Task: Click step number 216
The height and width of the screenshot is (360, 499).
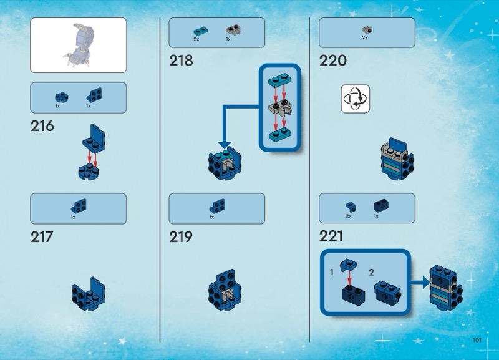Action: tap(42, 126)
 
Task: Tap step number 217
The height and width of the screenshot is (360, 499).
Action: tap(42, 237)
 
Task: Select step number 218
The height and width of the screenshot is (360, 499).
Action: tap(181, 61)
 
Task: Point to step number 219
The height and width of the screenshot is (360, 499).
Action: tap(181, 237)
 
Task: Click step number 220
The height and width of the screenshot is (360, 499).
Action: tap(333, 61)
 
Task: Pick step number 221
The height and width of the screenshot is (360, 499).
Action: tap(331, 237)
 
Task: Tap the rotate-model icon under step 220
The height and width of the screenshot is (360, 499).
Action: tap(355, 99)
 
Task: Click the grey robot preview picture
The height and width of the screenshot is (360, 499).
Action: tap(79, 45)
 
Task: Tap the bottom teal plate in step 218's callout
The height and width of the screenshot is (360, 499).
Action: tap(279, 135)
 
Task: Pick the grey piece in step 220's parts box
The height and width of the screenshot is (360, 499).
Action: tap(366, 29)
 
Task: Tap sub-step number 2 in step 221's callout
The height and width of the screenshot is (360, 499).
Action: tap(372, 273)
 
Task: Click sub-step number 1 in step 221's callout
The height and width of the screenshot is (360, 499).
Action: tap(332, 273)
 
